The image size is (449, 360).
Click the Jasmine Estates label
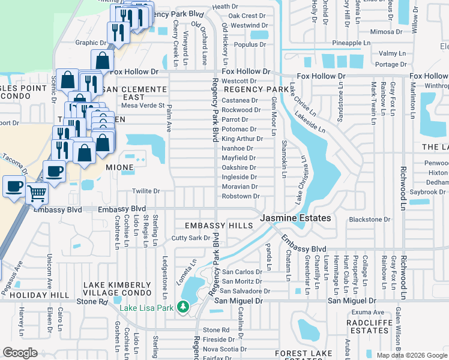pos(295,218)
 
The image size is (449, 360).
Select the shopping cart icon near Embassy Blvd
pos(37,193)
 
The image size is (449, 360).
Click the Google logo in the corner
pos(20,353)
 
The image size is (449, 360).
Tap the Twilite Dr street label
pos(146,191)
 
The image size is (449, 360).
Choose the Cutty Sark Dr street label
pos(190,238)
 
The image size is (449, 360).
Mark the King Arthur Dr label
pos(242,139)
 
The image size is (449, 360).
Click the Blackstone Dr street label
pos(369,220)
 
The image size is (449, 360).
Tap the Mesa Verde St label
pos(143,106)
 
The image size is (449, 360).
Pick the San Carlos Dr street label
pos(242,272)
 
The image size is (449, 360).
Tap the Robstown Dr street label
pos(240,196)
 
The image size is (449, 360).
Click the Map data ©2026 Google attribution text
pos(411,355)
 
